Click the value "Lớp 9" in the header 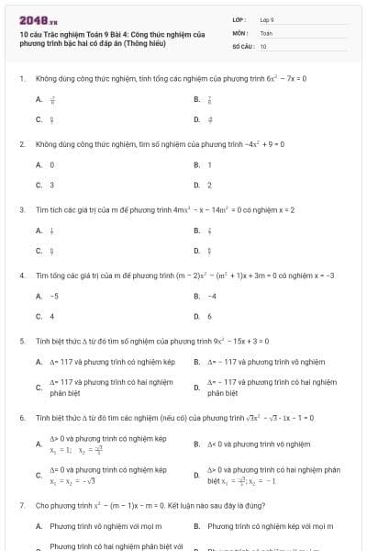267,19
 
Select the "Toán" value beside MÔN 266,32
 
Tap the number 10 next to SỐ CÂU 263,45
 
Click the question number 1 20,78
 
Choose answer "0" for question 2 52,164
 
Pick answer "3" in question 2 52,185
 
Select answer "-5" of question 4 55,296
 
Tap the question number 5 20,340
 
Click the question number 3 20,209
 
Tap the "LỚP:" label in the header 239,19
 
